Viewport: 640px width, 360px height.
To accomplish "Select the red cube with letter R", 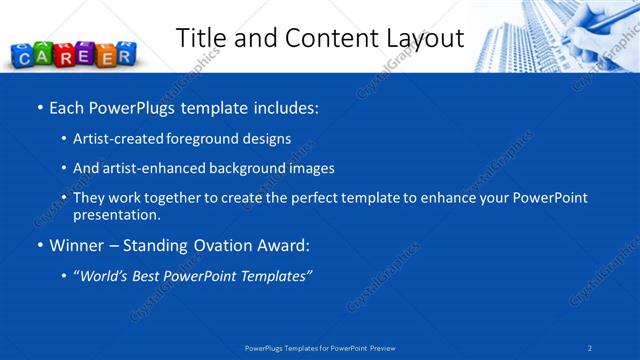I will click(65, 54).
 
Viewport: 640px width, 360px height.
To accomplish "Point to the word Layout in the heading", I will click(426, 38).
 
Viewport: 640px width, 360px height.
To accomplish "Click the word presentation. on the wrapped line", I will click(116, 215).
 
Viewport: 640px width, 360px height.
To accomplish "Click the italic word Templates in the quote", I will click(273, 275).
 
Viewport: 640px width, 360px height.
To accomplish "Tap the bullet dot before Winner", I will click(39, 245).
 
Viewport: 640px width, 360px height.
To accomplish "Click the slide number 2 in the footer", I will click(590, 347).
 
